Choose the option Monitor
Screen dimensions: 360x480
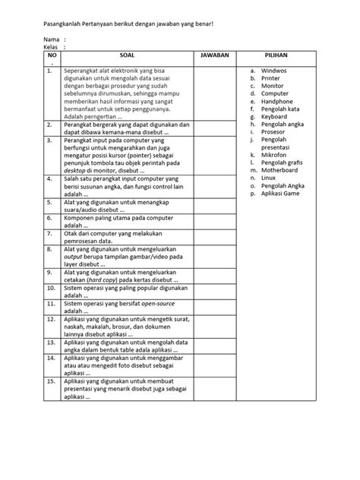(x=273, y=85)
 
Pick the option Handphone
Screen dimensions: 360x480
(x=276, y=101)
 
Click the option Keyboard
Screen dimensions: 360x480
(x=274, y=117)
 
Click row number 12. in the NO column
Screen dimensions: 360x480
(x=51, y=321)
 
